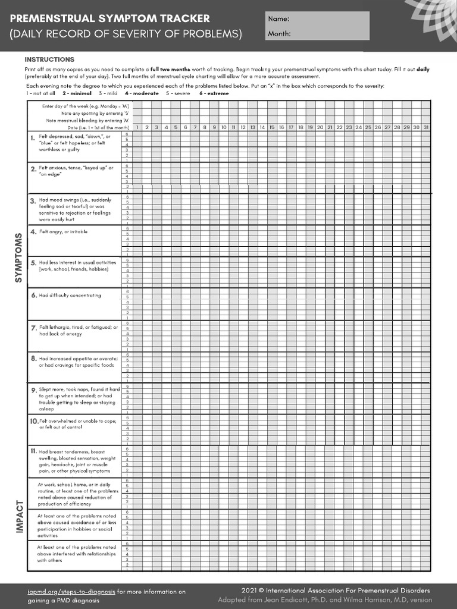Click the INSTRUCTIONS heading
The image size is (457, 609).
[49, 59]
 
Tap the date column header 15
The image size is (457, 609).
[271, 127]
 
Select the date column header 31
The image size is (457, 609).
[425, 127]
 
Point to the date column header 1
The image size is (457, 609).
[137, 127]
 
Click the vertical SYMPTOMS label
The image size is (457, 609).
[18, 258]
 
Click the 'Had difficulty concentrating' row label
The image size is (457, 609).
[70, 295]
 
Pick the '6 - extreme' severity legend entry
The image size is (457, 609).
[214, 93]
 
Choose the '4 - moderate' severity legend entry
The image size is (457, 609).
[142, 93]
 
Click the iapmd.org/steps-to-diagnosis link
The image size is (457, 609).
[71, 592]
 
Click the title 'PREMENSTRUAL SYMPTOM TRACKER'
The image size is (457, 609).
[109, 18]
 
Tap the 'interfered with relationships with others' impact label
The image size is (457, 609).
[76, 553]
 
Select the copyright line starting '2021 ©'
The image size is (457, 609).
[336, 591]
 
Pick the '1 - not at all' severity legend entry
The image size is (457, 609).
[40, 93]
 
